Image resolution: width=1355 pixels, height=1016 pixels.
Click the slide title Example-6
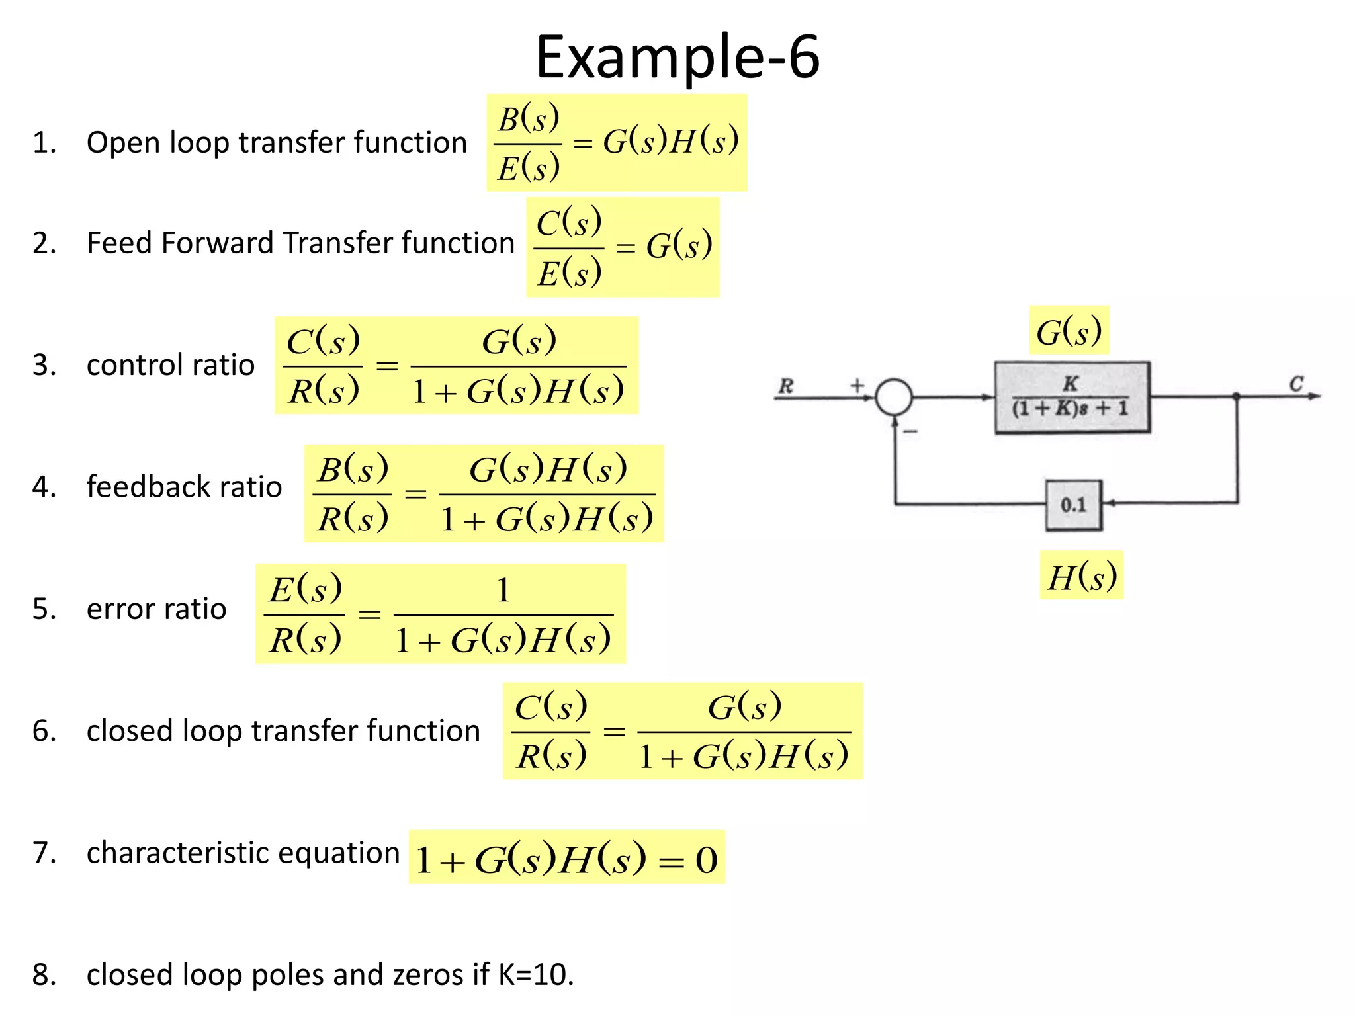point(677,58)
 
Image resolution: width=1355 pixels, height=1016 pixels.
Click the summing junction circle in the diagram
point(894,397)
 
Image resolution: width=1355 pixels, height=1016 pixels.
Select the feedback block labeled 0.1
point(1074,505)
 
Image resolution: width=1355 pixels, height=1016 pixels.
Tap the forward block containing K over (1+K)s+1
point(1072,397)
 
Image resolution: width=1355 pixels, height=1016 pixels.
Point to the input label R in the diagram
point(785,385)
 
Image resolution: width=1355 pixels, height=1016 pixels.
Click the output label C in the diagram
point(1296,384)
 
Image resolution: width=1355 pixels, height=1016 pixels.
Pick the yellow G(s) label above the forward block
point(1069,331)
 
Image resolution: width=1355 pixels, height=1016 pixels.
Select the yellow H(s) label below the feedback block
point(1082,575)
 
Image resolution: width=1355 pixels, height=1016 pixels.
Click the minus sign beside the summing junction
point(911,431)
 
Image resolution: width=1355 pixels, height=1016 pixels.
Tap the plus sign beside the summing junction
point(857,385)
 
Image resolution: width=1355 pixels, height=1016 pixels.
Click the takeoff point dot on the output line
point(1236,396)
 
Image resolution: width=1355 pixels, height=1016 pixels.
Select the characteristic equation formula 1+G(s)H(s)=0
point(567,859)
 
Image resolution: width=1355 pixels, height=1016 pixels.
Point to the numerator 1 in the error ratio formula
point(503,589)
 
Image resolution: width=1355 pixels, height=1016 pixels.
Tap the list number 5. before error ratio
point(44,609)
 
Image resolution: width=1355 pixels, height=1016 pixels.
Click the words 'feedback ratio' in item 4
point(184,487)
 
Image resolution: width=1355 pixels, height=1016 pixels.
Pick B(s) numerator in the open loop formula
point(528,120)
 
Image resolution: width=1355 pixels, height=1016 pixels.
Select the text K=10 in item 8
point(535,975)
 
